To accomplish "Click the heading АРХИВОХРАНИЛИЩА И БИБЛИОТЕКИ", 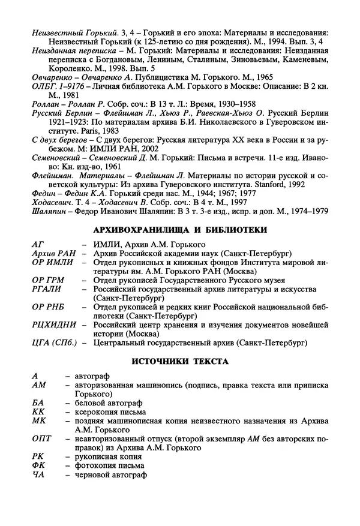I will click(180, 229).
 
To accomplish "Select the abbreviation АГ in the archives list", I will click(38, 245).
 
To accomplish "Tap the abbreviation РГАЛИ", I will click(46, 288).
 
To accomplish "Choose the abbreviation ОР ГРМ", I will click(47, 279).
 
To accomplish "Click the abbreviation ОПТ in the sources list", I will click(42, 439).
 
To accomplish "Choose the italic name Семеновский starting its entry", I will click(58, 157).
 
